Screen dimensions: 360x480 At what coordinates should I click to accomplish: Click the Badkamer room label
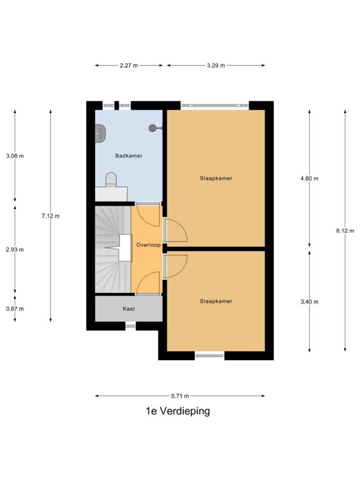(129, 156)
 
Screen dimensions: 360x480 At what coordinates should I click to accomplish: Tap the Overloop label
(148, 245)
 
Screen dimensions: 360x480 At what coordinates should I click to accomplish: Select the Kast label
(129, 309)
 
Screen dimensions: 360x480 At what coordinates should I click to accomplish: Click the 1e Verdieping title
(178, 411)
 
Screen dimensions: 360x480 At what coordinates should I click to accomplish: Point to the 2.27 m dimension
(129, 65)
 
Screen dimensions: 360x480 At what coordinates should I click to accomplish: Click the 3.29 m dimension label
(216, 65)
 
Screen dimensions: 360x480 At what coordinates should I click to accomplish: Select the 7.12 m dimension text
(50, 216)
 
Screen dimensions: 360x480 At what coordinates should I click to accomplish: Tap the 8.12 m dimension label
(345, 231)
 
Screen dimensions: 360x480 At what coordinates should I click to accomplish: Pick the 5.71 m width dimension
(180, 396)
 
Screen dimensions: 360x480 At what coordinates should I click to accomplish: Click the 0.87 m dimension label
(15, 309)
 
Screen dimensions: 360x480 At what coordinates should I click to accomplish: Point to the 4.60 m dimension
(309, 178)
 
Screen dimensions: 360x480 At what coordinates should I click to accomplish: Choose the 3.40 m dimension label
(309, 301)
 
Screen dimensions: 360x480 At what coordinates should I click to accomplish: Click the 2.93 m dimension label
(15, 250)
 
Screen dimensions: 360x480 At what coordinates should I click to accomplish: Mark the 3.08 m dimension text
(15, 156)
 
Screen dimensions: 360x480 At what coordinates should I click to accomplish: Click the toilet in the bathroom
(111, 180)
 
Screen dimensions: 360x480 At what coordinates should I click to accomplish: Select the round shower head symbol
(153, 128)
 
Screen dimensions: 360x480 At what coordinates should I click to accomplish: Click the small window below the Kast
(130, 326)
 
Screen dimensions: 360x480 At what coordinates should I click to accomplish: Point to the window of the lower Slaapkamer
(209, 355)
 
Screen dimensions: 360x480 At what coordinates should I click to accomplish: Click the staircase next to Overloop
(113, 249)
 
